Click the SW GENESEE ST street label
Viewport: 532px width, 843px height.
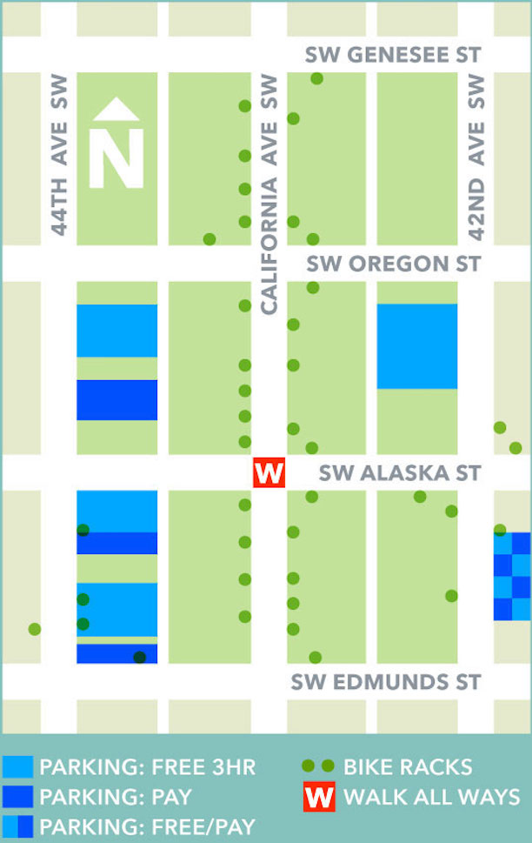tap(392, 56)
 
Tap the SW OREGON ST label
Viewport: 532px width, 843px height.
tap(392, 264)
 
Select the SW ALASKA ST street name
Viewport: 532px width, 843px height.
tap(399, 473)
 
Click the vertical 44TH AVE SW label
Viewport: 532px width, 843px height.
tap(59, 154)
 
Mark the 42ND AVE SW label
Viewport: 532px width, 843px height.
tap(476, 157)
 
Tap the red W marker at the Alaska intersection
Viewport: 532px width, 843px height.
tap(269, 474)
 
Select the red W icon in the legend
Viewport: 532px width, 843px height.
tap(320, 797)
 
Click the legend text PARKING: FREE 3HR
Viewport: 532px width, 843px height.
tap(148, 767)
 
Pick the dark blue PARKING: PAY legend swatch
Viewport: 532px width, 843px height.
tap(18, 796)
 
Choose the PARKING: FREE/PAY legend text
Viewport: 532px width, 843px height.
tap(148, 825)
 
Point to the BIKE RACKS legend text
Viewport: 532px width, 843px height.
tap(408, 767)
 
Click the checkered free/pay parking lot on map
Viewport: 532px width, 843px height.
tap(512, 577)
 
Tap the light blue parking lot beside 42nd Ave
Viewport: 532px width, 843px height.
tap(416, 346)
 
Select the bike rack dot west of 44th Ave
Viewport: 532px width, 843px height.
tap(35, 629)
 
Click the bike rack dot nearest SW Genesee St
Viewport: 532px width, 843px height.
tap(316, 79)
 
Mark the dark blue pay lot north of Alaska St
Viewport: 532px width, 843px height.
tap(116, 400)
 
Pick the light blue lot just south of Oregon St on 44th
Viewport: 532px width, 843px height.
tap(116, 331)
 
